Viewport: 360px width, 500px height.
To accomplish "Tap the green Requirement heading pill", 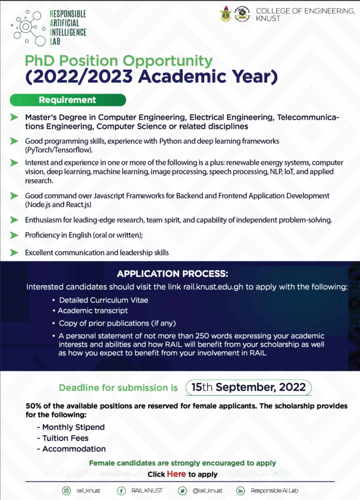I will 68,100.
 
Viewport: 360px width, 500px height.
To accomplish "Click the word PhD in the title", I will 41,62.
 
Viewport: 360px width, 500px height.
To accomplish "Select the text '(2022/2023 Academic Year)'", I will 151,77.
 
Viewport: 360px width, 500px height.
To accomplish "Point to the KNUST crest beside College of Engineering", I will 226,14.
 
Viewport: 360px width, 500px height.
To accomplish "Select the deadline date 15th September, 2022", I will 249,388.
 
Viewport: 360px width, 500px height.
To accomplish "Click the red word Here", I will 176,474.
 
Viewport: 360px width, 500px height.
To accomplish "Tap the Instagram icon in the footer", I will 66,491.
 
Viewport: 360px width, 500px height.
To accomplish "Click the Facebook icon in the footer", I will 121,491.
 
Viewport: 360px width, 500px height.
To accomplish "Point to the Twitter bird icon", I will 182,491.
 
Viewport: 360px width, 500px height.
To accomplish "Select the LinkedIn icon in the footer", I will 240,491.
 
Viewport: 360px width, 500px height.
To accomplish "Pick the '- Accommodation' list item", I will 71,449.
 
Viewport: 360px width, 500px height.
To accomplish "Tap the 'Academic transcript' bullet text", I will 93,311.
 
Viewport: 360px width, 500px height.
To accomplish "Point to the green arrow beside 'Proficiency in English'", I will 14,235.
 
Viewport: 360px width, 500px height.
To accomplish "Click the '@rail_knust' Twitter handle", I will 207,491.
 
